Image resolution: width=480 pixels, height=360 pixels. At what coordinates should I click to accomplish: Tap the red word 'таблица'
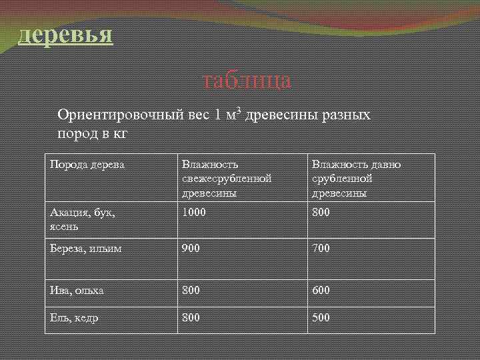point(247,81)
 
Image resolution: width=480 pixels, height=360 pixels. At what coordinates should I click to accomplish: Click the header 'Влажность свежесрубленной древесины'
point(227,179)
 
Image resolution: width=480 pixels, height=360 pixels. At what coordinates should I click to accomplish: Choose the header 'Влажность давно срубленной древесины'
point(356,179)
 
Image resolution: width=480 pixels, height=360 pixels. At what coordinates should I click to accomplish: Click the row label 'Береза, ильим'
point(85,248)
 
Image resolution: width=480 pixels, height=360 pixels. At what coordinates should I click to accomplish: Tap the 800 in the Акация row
point(321,212)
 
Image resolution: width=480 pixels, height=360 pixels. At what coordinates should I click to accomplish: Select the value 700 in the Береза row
point(321,248)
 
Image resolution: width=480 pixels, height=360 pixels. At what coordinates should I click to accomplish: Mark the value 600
point(321,291)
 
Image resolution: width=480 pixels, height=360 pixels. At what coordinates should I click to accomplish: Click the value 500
point(321,318)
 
